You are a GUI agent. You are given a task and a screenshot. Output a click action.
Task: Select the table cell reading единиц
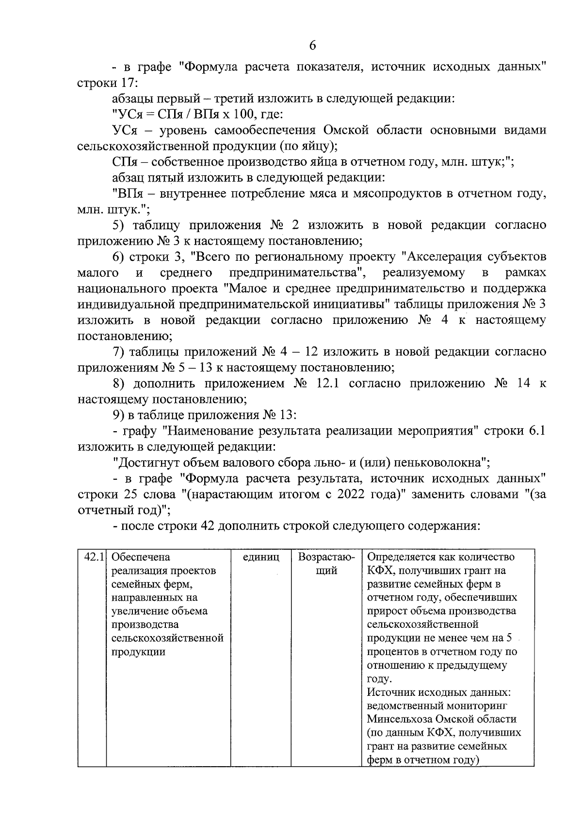(261, 557)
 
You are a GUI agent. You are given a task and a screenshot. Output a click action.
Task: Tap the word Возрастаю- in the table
(326, 557)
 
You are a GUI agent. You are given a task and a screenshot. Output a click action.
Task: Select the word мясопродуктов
(388, 194)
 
